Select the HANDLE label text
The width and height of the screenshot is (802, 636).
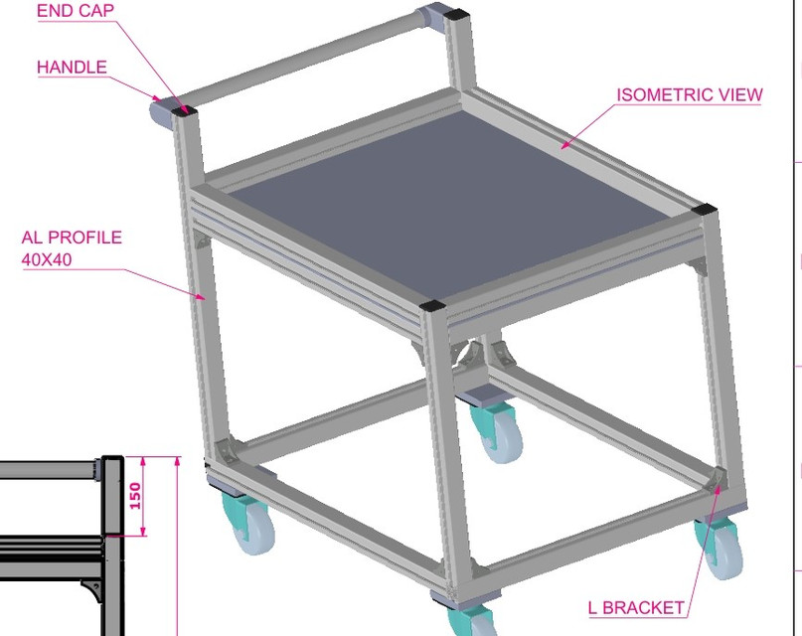point(72,68)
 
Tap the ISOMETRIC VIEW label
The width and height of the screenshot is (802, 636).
point(690,95)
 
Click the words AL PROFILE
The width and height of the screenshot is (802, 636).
point(72,238)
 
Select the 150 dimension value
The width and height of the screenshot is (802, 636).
point(135,496)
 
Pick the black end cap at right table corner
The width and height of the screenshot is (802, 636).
point(705,211)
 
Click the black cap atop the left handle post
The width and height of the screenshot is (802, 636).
point(183,104)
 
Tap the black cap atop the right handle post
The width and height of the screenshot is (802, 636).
point(457,15)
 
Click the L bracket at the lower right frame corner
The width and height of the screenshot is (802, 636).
point(719,481)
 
